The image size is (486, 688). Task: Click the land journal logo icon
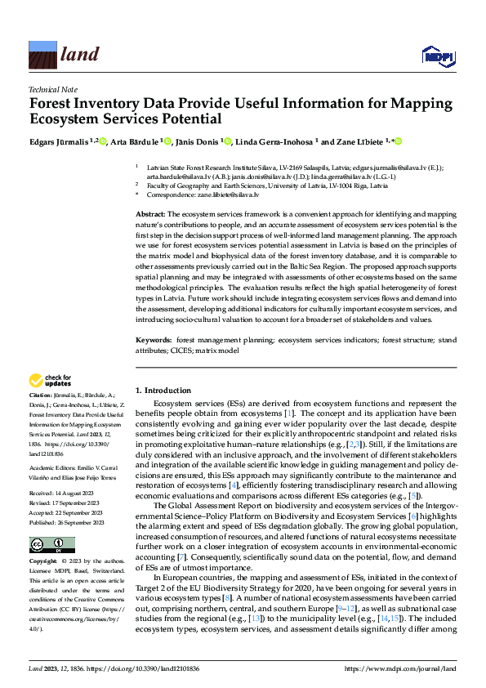point(42,54)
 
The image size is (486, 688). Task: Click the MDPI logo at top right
point(437,56)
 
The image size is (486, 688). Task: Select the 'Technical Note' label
point(52,90)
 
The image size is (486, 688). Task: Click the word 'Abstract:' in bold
point(152,213)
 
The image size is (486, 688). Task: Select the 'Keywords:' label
point(154,339)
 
